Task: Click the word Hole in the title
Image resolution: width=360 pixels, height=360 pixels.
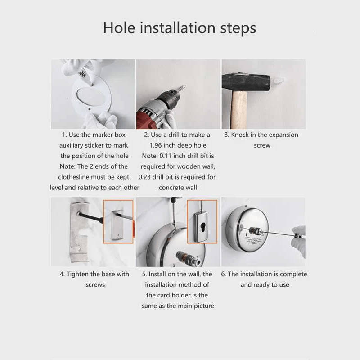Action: tap(119, 28)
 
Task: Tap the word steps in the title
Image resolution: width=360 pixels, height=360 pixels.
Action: tap(238, 29)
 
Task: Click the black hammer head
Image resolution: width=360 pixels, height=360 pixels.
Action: tap(246, 82)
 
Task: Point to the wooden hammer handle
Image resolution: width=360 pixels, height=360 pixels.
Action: tap(239, 109)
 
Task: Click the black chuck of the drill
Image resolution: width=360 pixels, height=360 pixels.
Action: tap(171, 96)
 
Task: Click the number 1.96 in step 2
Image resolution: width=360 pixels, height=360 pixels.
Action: tap(156, 145)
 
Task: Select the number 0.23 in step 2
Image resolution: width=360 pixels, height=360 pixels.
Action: tap(144, 177)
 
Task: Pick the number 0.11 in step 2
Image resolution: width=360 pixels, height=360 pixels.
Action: tap(166, 156)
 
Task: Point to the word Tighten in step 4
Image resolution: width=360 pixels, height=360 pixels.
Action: tap(77, 274)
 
